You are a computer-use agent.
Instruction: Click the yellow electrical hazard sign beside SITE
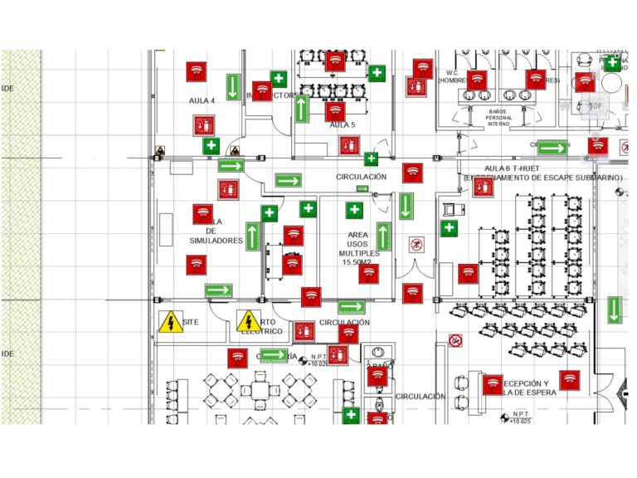coord(171,321)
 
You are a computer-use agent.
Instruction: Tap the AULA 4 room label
coord(202,100)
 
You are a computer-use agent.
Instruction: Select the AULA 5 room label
coord(342,125)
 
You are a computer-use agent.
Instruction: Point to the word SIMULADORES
coord(216,241)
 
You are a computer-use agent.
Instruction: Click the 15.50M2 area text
coord(357,262)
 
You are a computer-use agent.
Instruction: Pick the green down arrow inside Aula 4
coord(233,87)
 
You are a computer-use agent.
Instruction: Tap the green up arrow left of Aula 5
coord(300,109)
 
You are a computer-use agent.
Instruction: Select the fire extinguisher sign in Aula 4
coord(203,125)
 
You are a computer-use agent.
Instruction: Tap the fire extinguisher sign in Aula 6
coord(482,187)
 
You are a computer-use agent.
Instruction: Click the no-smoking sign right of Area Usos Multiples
coord(416,246)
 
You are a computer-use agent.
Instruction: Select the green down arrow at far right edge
coord(614,310)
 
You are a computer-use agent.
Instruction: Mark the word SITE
coord(192,321)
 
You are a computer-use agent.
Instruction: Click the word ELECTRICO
coord(262,331)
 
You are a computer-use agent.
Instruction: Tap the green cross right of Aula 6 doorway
coord(449,227)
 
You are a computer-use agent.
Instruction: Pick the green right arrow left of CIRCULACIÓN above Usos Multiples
coord(288,180)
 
